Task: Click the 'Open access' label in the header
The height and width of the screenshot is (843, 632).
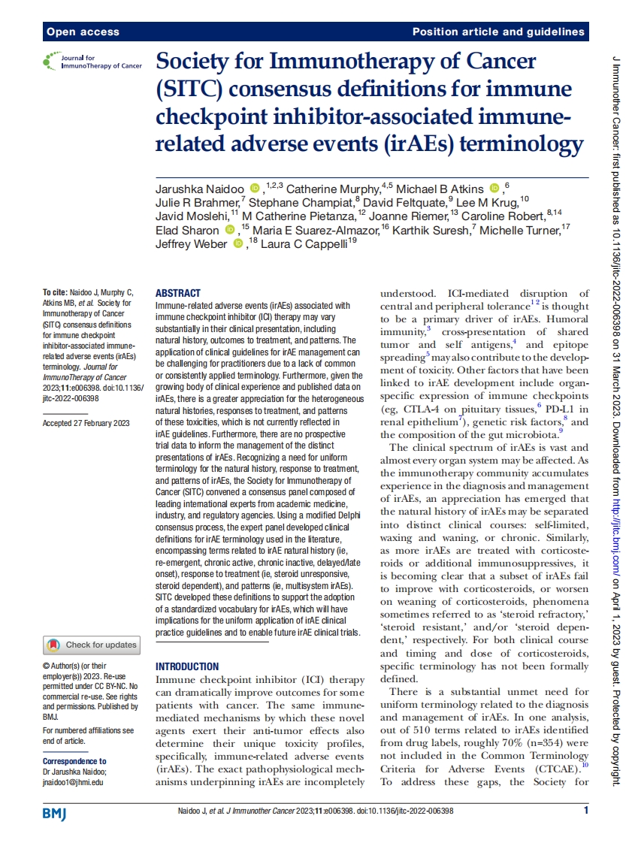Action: (x=83, y=32)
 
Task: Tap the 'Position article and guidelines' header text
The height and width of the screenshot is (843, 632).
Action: (x=498, y=32)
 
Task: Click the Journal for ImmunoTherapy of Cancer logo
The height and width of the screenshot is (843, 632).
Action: (x=92, y=62)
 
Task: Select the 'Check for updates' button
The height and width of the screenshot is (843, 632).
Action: (x=92, y=645)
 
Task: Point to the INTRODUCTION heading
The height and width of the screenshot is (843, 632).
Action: (x=187, y=666)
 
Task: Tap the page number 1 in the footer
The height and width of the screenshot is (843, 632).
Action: (x=586, y=810)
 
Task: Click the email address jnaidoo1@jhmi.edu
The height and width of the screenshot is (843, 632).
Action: (x=73, y=782)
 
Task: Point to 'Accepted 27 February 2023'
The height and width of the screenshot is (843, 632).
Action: (x=86, y=423)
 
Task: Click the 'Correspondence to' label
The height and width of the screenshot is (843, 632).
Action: (x=74, y=761)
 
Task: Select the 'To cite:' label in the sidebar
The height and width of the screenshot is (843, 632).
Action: (x=55, y=292)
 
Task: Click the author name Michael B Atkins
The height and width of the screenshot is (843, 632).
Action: (x=441, y=188)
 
